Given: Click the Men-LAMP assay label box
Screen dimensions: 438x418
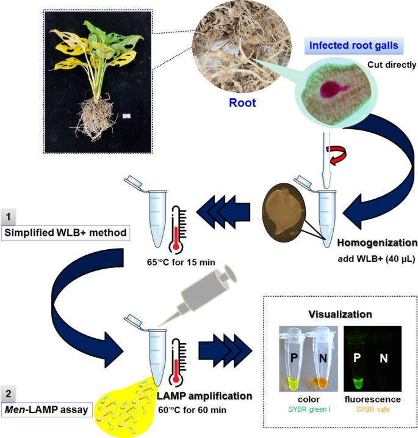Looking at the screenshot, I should (x=48, y=410).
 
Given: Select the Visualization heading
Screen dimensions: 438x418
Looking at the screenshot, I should (x=339, y=314).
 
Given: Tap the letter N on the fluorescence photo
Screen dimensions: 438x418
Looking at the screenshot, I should (x=384, y=358).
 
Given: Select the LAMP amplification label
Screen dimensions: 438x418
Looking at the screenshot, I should (x=204, y=397).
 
